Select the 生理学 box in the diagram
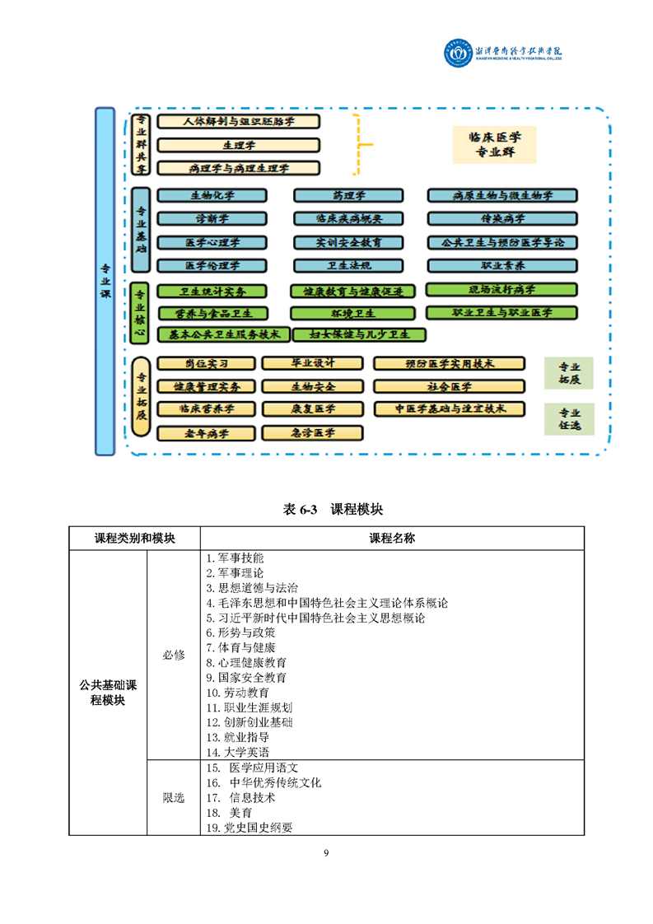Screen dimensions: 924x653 pyautogui.click(x=238, y=145)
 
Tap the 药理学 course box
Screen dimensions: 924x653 pyautogui.click(x=348, y=196)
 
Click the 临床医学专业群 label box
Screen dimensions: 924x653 pyautogui.click(x=494, y=144)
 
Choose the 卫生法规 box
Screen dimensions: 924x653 pyautogui.click(x=348, y=265)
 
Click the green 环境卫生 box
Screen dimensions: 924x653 pyautogui.click(x=353, y=313)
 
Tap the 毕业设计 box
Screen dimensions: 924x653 pyautogui.click(x=312, y=363)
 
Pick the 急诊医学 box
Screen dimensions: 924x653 pyautogui.click(x=312, y=432)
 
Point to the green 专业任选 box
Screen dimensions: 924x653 pyautogui.click(x=569, y=419)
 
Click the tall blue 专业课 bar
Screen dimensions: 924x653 pyautogui.click(x=105, y=280)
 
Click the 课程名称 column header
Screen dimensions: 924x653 pyautogui.click(x=391, y=538)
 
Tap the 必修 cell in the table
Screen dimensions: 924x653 pyautogui.click(x=174, y=655)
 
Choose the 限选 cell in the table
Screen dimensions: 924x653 pyautogui.click(x=174, y=797)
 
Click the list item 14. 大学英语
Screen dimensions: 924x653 pyautogui.click(x=237, y=752)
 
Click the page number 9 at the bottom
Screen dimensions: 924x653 pyautogui.click(x=326, y=852)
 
